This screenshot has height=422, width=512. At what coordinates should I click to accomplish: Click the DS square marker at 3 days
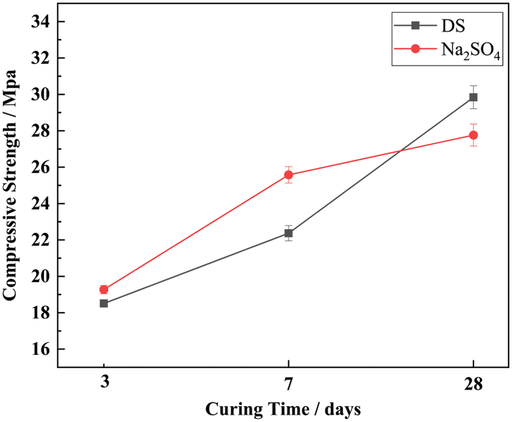pos(104,303)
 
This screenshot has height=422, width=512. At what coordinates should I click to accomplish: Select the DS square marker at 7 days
pos(289,233)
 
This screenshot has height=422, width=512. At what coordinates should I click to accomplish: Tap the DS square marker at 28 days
pos(473,97)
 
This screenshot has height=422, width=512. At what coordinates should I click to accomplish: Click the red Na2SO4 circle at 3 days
pos(104,289)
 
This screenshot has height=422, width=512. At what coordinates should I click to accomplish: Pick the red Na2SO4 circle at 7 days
pos(289,175)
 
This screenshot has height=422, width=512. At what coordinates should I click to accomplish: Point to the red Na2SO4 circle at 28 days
pos(473,135)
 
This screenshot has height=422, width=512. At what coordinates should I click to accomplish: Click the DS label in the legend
pos(450,25)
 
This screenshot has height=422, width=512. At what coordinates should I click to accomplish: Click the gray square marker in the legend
pos(416,25)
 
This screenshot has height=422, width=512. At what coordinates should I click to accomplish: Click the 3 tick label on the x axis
pos(104,384)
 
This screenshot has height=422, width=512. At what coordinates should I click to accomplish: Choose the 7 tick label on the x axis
pos(289,384)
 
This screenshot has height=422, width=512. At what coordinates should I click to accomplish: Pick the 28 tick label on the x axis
pos(473,384)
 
